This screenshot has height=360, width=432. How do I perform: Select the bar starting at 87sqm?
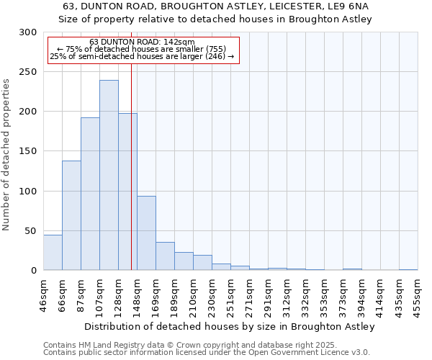tap(90, 194)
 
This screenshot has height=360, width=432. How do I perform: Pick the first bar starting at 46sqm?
tap(53, 253)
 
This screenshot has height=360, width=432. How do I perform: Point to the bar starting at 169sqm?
tap(165, 256)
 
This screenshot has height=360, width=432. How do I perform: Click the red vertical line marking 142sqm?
tap(131, 166)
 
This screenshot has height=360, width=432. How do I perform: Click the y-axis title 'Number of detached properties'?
tap(7, 155)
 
